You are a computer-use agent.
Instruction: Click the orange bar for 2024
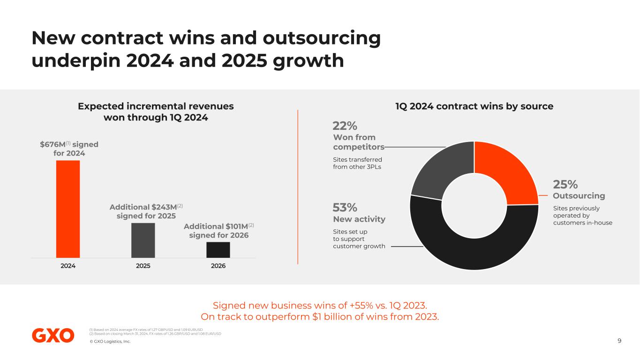(68, 209)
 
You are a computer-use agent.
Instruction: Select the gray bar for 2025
(143, 240)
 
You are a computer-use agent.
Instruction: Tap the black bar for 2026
(218, 249)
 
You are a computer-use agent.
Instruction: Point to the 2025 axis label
(143, 266)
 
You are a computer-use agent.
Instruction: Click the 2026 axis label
(218, 266)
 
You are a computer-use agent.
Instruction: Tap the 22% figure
(345, 126)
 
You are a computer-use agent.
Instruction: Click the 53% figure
(345, 207)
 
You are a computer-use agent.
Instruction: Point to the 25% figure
(565, 184)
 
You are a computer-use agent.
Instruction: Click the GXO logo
(53, 335)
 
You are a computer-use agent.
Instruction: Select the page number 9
(619, 341)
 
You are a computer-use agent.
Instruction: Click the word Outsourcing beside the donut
(579, 196)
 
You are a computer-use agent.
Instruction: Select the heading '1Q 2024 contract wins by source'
(474, 106)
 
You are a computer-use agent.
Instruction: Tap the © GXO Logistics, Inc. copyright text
(110, 341)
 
